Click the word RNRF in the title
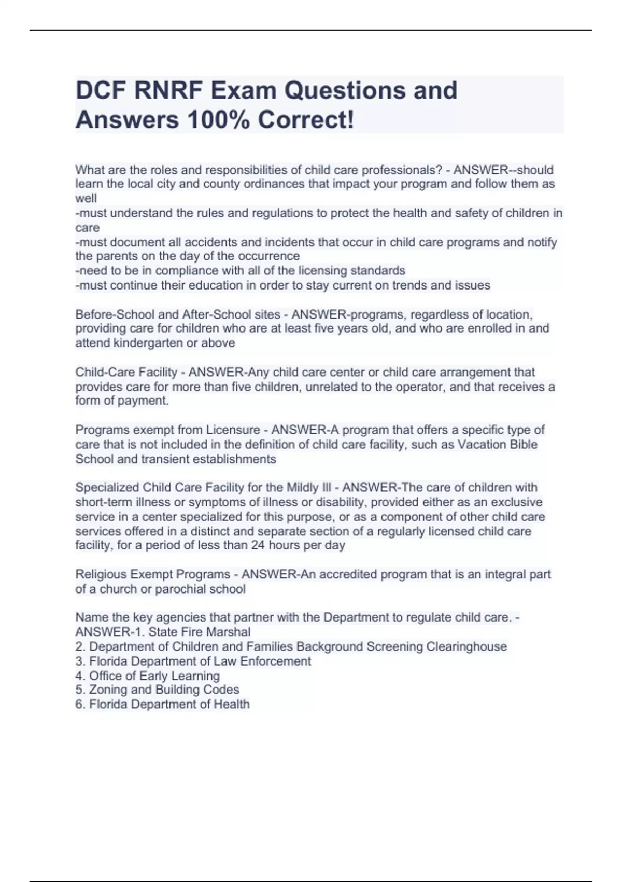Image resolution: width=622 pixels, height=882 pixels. (168, 90)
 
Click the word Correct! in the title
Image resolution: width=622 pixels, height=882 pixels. (306, 120)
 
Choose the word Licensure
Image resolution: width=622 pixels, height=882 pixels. (233, 430)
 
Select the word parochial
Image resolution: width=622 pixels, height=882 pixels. (185, 589)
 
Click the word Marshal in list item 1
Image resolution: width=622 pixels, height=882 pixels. (228, 632)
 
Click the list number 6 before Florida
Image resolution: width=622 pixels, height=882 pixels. (80, 705)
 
